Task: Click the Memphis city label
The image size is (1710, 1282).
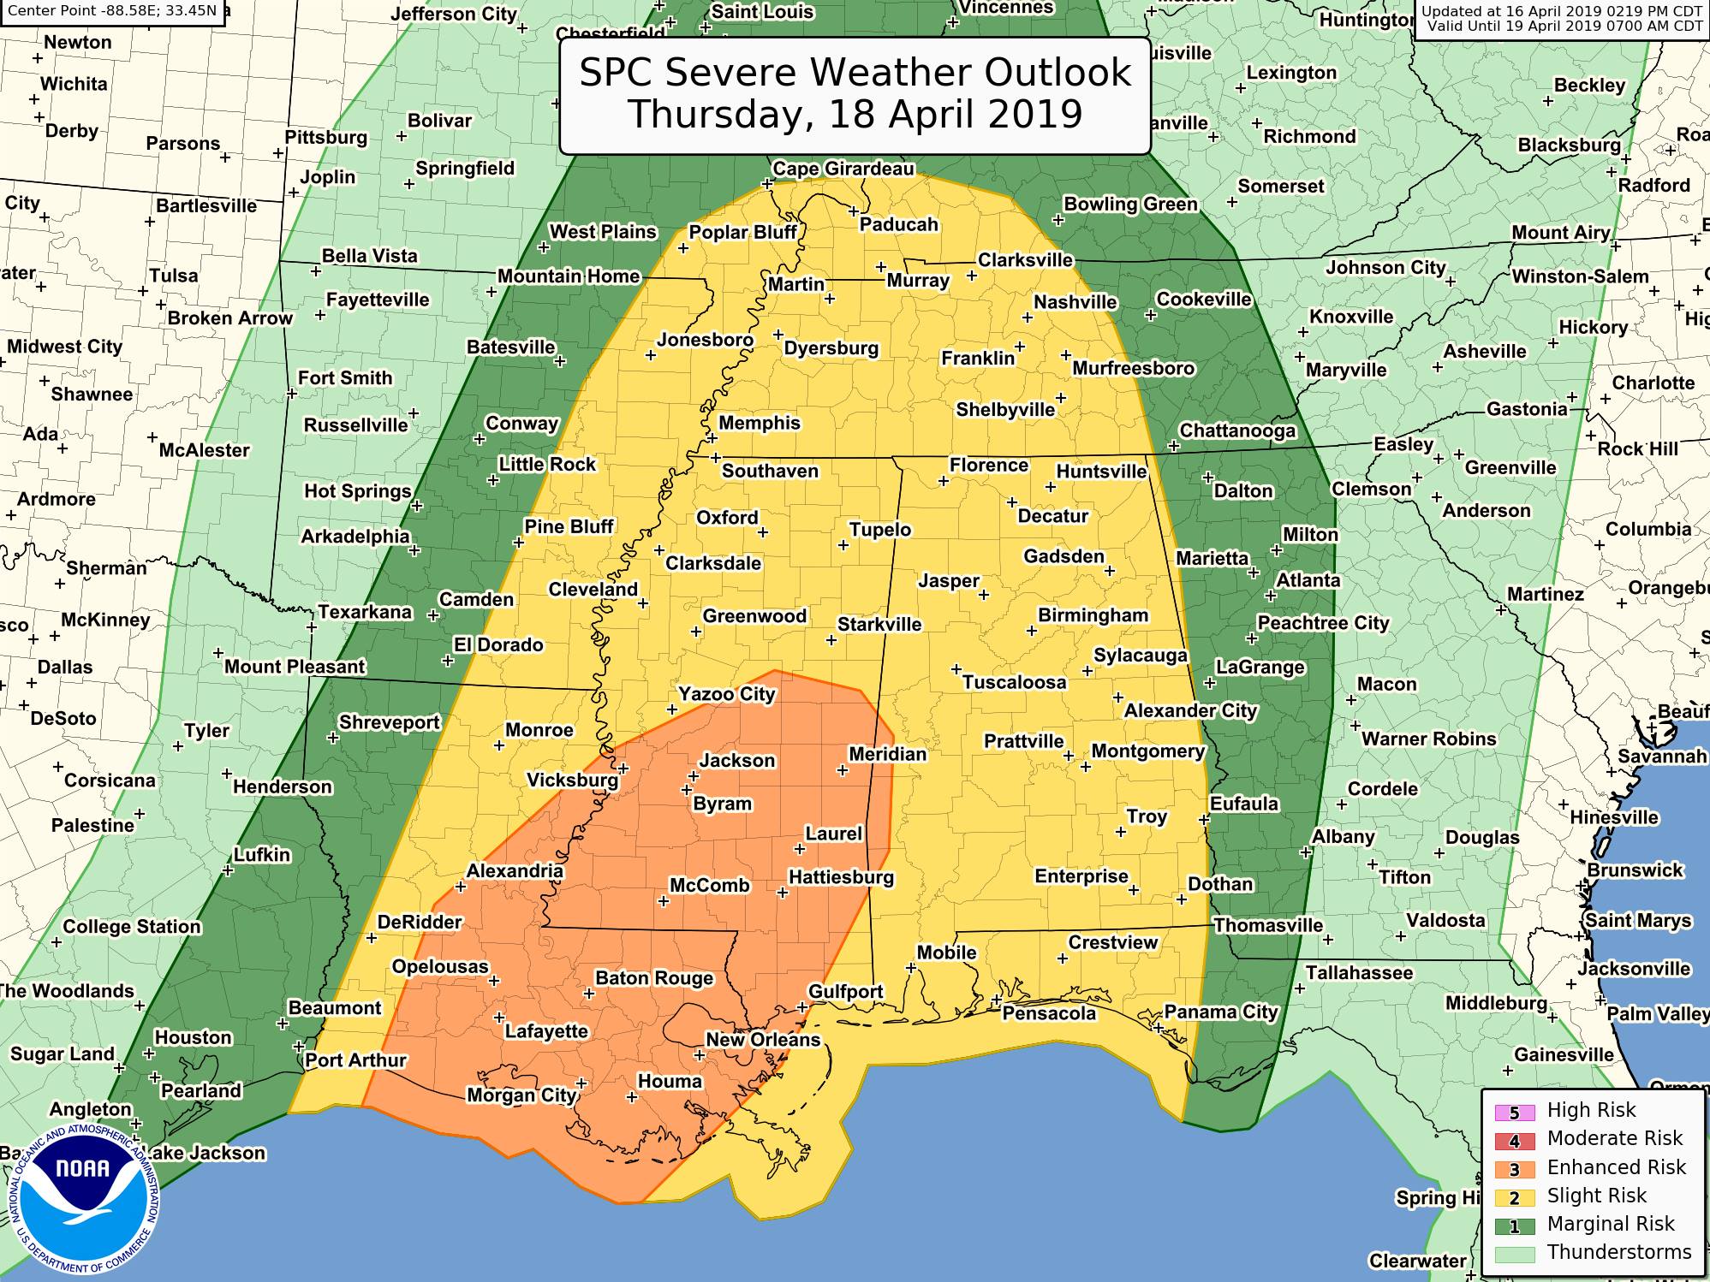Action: click(759, 423)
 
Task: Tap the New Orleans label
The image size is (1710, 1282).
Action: click(762, 1041)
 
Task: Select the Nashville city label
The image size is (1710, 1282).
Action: click(1075, 302)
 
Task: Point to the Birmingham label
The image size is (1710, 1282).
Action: click(1093, 616)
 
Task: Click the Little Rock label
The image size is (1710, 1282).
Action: click(547, 464)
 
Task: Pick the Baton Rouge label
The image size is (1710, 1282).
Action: click(654, 978)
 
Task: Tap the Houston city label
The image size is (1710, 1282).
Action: click(193, 1037)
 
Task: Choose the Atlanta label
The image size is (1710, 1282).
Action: click(1308, 580)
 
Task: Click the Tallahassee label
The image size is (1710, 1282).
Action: click(1359, 973)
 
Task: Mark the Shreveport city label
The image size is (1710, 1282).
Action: click(389, 722)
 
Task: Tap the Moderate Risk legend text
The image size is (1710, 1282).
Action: click(1615, 1138)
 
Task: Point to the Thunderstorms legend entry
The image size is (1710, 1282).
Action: click(1618, 1252)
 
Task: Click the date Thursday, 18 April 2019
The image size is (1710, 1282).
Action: click(855, 115)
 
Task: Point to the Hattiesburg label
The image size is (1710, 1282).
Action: click(840, 877)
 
